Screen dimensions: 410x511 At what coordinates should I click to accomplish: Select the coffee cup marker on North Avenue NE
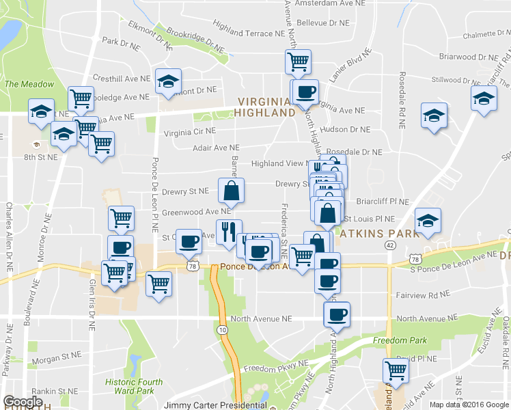point(336,315)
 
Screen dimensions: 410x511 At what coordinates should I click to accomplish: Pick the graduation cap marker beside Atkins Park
point(428,221)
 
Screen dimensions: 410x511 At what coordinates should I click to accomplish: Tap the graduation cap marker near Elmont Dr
point(167,83)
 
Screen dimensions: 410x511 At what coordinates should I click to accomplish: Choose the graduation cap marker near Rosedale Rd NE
point(433,115)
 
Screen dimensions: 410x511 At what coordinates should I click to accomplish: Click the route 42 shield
point(389,245)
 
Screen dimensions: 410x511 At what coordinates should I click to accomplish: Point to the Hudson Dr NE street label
point(344,129)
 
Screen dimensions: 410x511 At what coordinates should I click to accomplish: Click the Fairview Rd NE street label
point(423,295)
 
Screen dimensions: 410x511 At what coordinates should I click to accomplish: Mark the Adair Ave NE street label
point(216,147)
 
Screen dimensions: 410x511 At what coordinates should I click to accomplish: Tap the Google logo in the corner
point(23,402)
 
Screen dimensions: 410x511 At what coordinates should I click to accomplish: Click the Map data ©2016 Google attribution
point(468,405)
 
